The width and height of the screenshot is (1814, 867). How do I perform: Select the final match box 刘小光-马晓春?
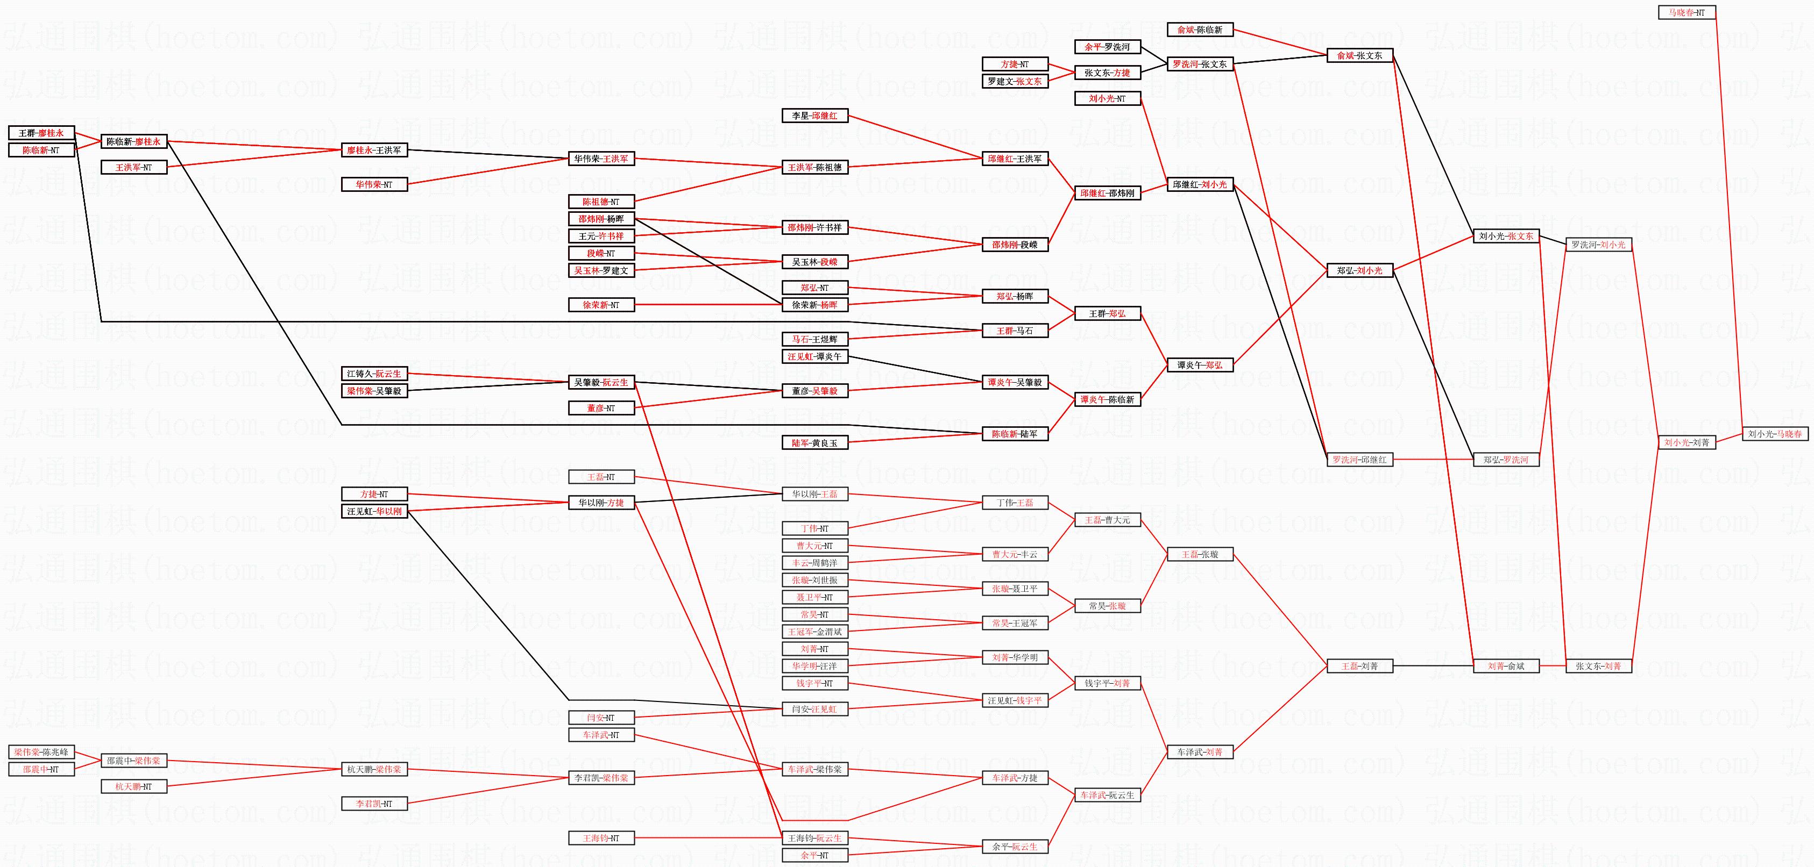(x=1775, y=434)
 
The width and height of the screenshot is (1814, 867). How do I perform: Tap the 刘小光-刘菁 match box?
(x=1686, y=443)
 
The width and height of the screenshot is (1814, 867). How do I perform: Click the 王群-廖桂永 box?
(x=41, y=133)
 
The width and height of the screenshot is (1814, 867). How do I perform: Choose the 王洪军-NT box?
(x=134, y=168)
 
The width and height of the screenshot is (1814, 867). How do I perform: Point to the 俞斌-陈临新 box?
(x=1200, y=30)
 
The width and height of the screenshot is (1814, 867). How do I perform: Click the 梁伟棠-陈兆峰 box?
(x=41, y=753)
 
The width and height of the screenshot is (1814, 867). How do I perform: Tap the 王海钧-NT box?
(x=601, y=838)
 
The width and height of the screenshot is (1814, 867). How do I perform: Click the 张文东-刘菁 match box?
(x=1598, y=666)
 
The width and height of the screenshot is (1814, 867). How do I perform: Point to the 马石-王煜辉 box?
(x=815, y=339)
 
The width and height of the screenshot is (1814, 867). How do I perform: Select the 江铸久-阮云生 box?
(x=374, y=374)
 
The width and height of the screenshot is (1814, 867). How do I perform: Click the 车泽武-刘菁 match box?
(x=1200, y=753)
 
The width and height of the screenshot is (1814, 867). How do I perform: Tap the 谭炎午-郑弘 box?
(x=1200, y=366)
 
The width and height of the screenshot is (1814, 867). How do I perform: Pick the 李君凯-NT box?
(x=374, y=804)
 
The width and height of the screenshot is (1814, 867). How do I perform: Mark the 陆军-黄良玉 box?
(x=815, y=443)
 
